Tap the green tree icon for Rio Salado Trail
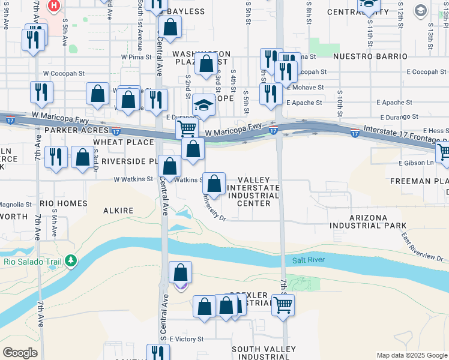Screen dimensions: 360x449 [x=71, y=260]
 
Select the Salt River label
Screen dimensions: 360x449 [x=308, y=260]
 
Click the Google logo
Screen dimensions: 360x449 [x=20, y=353]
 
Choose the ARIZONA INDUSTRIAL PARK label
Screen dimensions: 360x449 [x=367, y=221]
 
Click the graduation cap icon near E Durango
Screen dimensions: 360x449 [x=204, y=106]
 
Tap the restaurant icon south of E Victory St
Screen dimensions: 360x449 [x=157, y=352]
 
